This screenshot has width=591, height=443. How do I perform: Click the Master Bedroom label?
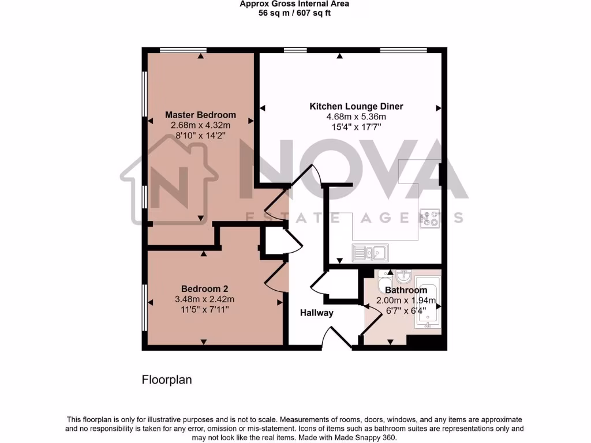(200, 115)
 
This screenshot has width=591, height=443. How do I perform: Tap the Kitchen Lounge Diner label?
(356, 106)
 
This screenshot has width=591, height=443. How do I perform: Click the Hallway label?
(316, 313)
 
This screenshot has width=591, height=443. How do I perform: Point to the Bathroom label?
(406, 290)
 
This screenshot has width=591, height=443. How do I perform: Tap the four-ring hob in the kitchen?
(430, 217)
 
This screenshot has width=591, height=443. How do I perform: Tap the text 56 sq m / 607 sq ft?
(294, 13)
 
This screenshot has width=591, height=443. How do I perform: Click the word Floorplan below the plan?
(167, 380)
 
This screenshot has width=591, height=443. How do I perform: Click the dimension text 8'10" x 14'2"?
(200, 136)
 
